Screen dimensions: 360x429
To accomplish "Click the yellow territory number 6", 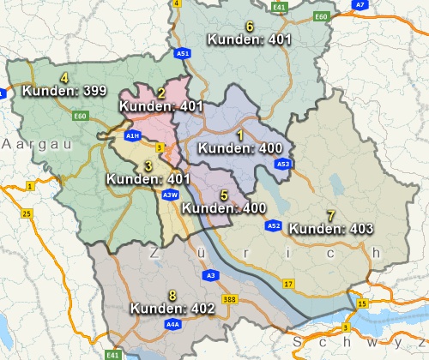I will tap(250, 27).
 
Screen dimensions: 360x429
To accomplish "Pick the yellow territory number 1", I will tap(240, 135).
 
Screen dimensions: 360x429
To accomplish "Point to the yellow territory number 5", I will tap(224, 195).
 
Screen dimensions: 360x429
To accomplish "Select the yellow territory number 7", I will tap(331, 214).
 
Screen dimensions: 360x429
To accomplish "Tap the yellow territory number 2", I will tap(161, 93).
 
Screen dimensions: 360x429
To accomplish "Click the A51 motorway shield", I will tap(183, 53).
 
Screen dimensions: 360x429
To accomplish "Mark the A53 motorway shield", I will tap(283, 164).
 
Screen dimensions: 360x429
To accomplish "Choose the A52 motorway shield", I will tap(273, 226).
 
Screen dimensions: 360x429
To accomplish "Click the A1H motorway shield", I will tap(132, 135).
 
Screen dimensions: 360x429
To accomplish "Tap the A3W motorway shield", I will tap(170, 195).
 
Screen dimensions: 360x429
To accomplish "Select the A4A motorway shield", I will tap(172, 325).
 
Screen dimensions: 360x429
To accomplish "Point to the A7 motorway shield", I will tap(361, 4).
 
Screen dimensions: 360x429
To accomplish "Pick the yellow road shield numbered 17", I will tap(288, 283).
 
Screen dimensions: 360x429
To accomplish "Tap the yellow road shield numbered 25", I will tap(27, 213).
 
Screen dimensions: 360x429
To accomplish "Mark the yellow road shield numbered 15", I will tap(362, 303).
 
